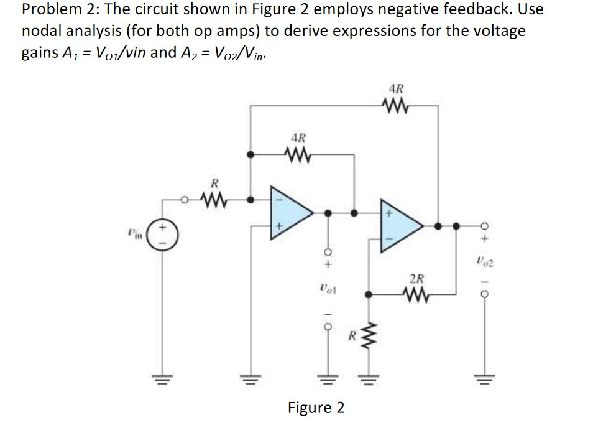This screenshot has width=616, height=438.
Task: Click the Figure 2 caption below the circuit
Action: coord(316,408)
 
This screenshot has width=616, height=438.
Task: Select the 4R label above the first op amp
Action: coord(298,136)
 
